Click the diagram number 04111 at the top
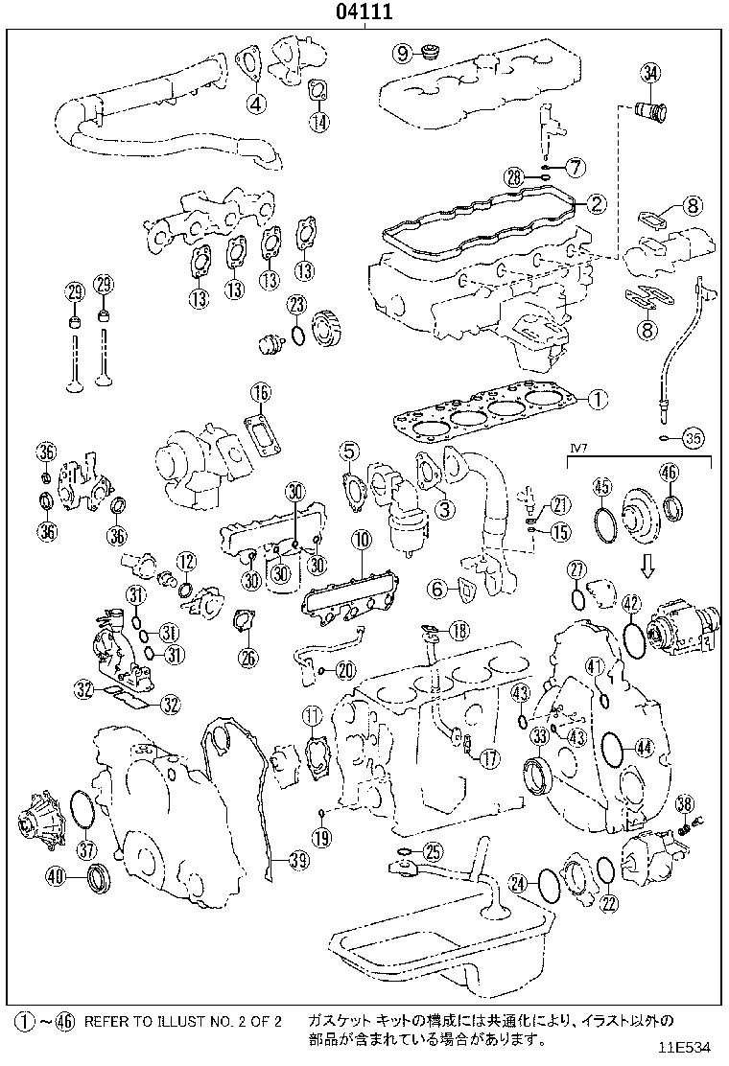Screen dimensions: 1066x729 (x=365, y=12)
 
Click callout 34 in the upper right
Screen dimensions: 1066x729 (x=650, y=73)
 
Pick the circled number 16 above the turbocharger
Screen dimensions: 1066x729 (x=261, y=392)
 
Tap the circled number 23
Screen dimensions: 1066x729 (x=297, y=306)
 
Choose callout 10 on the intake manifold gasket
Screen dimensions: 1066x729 (x=361, y=540)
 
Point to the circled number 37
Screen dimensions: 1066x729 (x=87, y=848)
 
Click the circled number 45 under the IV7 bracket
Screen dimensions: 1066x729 (x=601, y=487)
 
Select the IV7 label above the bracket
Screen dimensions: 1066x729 (x=578, y=446)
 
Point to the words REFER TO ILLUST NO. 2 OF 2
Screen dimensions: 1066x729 (x=182, y=1022)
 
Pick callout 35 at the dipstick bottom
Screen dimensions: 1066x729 (x=693, y=438)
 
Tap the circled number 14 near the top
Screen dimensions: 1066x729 (x=318, y=121)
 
